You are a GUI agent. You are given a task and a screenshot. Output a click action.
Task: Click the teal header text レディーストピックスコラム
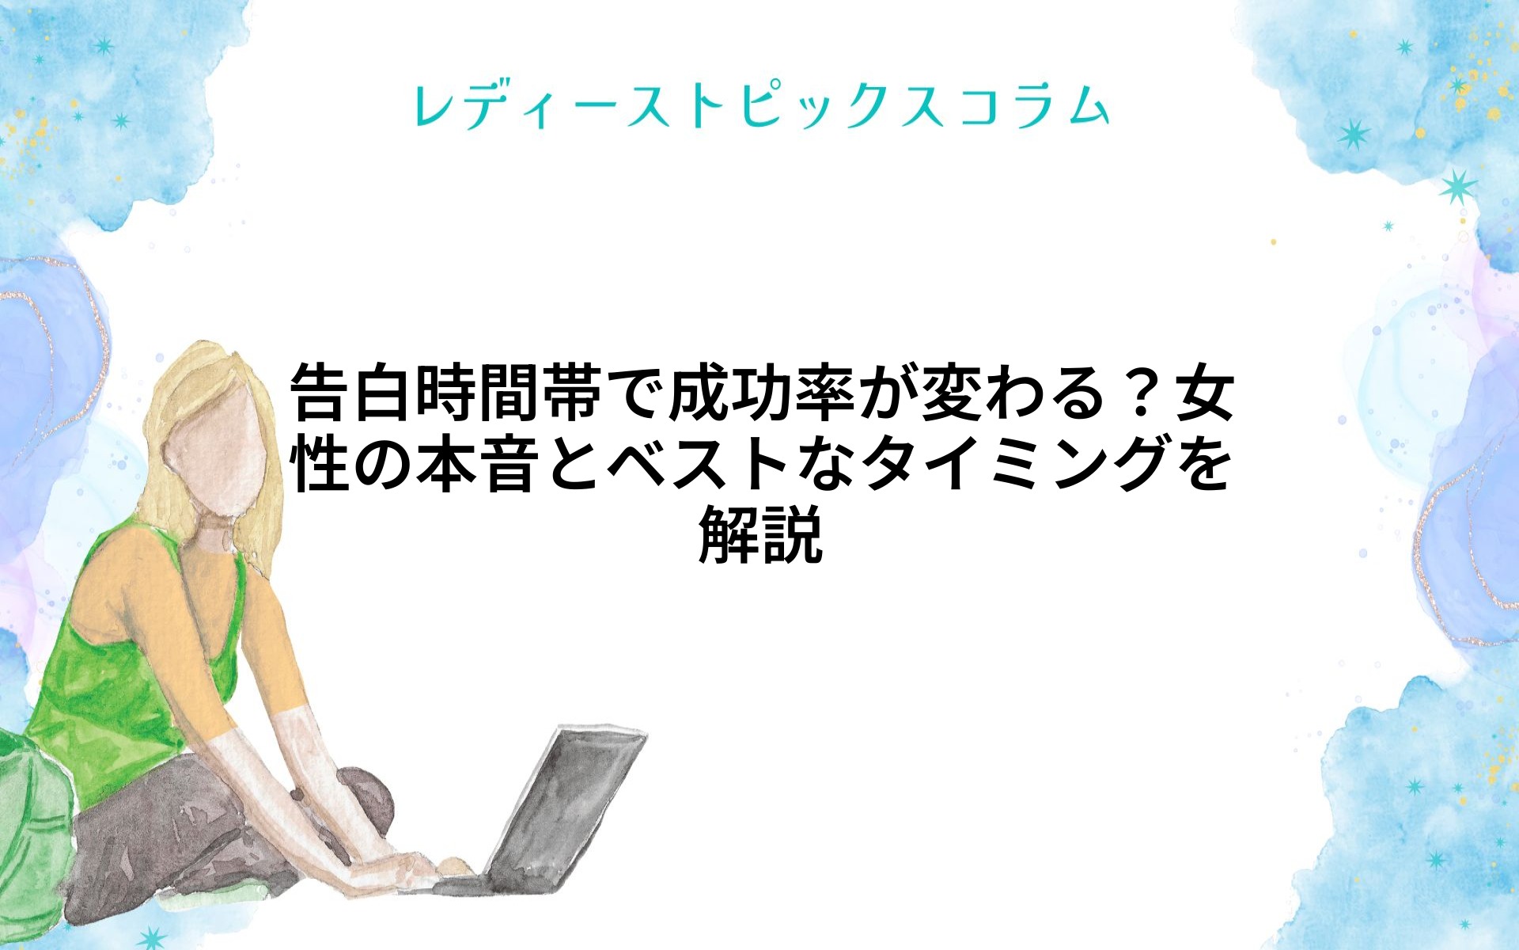coord(761,106)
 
